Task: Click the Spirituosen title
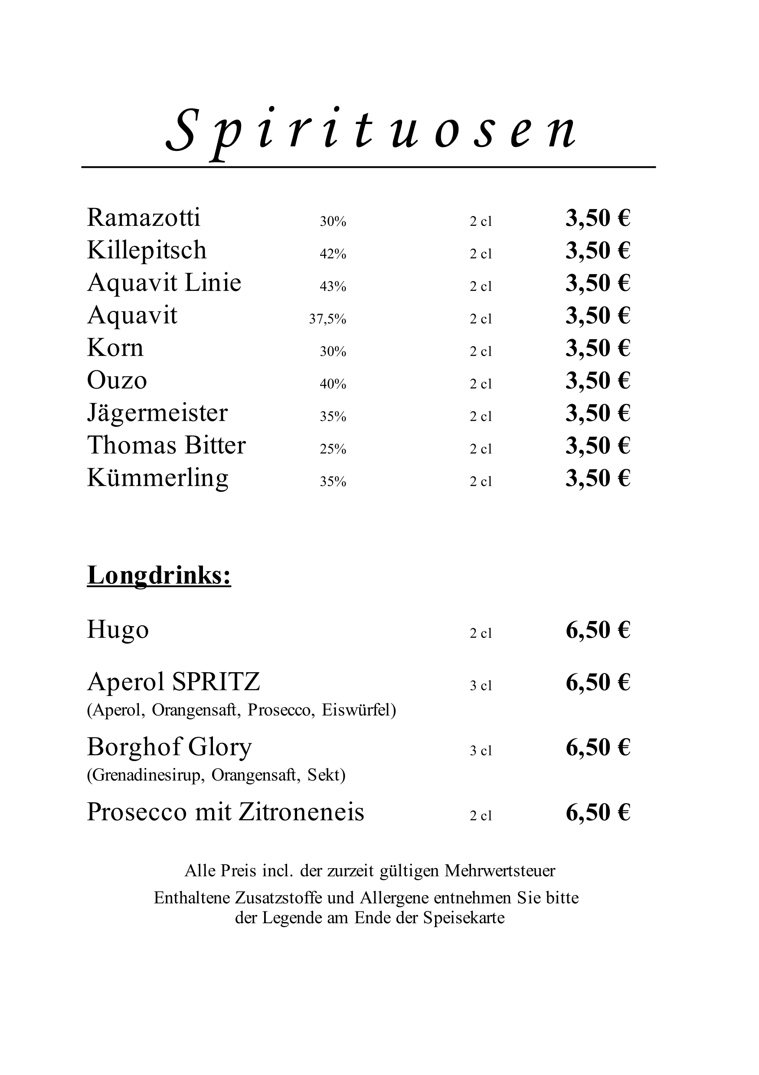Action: click(371, 129)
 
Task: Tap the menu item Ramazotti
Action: click(143, 218)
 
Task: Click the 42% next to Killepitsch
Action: click(333, 254)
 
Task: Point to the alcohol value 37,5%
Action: click(327, 319)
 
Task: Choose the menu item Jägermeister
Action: click(157, 413)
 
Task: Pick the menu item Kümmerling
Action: click(157, 478)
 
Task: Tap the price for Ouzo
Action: click(598, 380)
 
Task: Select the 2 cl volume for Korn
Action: click(481, 352)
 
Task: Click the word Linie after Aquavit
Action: click(213, 283)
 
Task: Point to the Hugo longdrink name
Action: click(118, 630)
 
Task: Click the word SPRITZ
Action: click(216, 682)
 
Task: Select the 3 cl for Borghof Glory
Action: click(481, 751)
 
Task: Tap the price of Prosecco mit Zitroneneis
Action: click(598, 812)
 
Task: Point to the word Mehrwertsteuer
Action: click(500, 871)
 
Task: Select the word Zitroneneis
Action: click(301, 812)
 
